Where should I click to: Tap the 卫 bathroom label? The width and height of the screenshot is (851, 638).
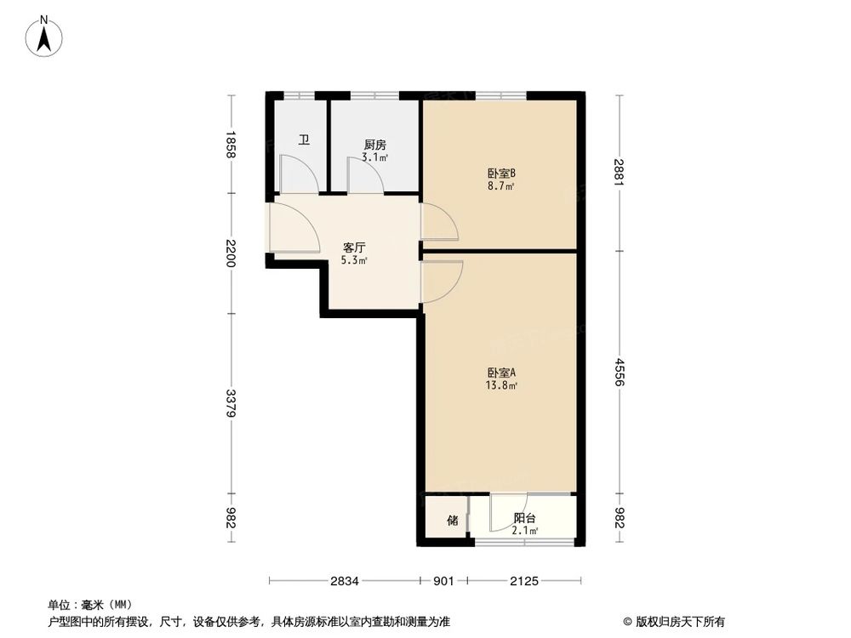303,140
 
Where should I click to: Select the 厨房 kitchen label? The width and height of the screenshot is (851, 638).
374,145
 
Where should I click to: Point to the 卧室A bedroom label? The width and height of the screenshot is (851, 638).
502,373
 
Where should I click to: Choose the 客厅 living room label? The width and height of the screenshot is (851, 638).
354,248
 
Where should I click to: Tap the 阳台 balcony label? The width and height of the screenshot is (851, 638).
524,518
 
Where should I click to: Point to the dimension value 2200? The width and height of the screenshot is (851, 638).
231,253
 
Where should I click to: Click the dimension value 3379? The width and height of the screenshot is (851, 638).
231,403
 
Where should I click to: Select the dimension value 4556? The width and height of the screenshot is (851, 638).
619,373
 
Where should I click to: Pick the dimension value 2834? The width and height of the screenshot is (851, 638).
345,581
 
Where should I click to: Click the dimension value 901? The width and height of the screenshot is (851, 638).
443,581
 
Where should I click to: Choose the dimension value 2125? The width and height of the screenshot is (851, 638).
524,581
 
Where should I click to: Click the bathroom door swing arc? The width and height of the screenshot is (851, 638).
300,174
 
